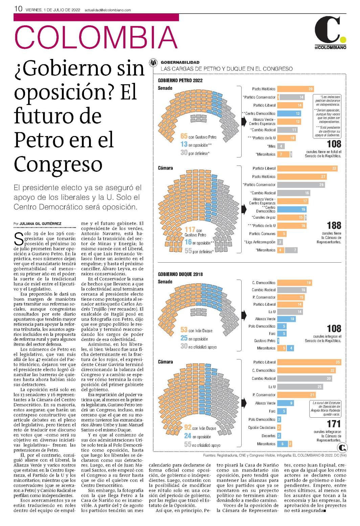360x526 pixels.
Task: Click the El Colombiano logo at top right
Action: click(x=331, y=32)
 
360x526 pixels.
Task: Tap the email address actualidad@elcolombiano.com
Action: click(x=108, y=10)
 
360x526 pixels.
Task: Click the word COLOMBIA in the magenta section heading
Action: click(x=96, y=37)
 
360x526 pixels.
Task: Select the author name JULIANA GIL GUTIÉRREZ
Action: click(x=40, y=223)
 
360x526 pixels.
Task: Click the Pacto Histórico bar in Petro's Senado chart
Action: click(x=295, y=89)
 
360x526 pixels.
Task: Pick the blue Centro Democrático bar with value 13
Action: click(x=289, y=113)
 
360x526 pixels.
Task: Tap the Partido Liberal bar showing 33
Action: click(x=308, y=168)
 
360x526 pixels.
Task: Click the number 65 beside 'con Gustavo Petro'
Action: click(x=184, y=136)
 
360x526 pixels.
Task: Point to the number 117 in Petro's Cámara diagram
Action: click(x=190, y=229)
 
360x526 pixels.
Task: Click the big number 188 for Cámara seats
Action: click(x=334, y=225)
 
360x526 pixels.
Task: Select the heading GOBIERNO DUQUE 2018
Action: click(x=180, y=274)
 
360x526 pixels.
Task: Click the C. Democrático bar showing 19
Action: click(x=294, y=283)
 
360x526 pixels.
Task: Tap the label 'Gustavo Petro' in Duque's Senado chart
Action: click(x=265, y=341)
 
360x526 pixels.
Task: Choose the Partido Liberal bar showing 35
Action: click(x=309, y=362)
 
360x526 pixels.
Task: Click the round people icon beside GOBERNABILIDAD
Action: click(x=153, y=63)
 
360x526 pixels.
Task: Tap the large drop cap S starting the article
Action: click(x=19, y=239)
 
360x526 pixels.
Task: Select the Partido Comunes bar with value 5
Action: click(x=282, y=234)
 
